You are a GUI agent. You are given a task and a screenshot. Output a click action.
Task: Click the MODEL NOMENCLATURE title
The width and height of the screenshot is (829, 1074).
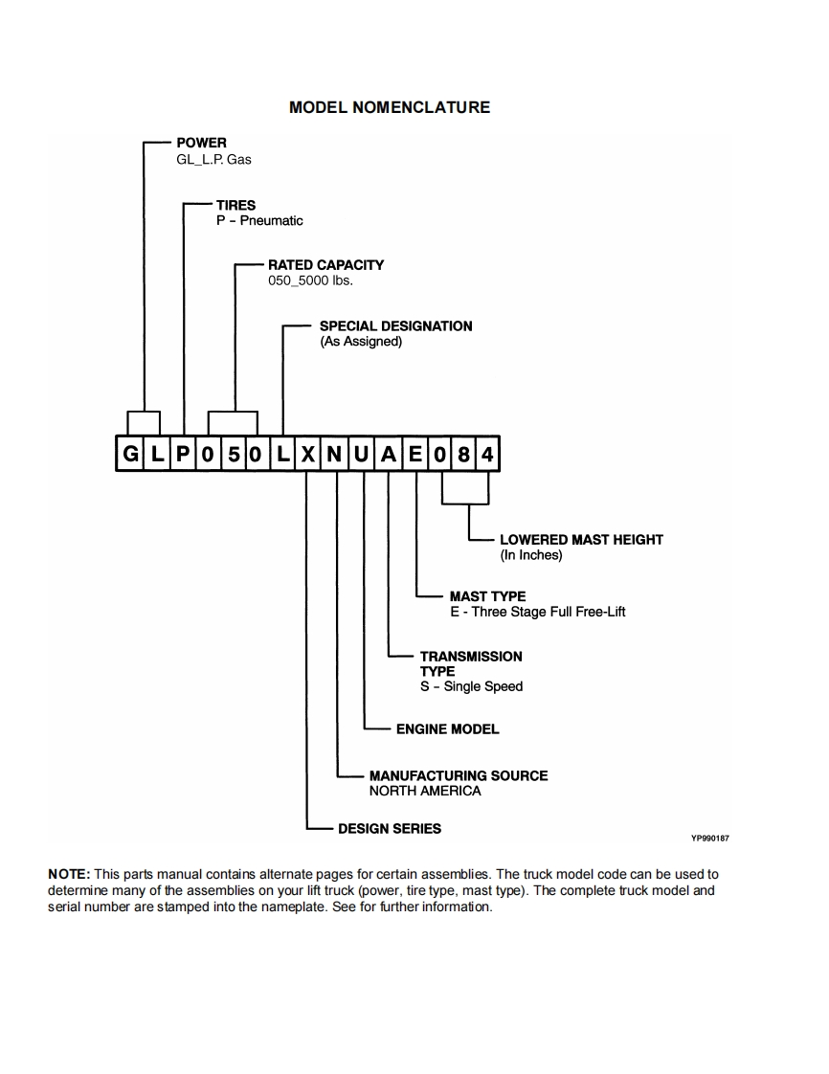pos(389,107)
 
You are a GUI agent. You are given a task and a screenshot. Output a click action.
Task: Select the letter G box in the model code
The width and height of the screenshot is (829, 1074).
pos(130,454)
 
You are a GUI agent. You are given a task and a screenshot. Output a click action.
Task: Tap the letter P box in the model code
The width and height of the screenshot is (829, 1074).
pos(182,454)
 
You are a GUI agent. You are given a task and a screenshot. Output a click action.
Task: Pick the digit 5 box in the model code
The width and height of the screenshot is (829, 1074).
pos(233,454)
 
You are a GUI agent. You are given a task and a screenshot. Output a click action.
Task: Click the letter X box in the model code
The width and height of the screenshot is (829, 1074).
pos(307,454)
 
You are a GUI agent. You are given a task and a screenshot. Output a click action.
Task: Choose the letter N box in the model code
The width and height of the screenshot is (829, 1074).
pos(334,454)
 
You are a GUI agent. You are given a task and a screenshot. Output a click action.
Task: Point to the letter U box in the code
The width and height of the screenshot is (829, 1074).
pos(361,454)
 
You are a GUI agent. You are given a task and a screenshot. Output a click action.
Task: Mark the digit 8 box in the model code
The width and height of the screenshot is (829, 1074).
pos(463,454)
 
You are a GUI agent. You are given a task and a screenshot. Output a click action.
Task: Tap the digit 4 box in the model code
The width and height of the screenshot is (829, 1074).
pos(488,454)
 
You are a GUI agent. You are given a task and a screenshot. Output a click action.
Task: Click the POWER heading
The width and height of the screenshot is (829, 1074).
pos(201,143)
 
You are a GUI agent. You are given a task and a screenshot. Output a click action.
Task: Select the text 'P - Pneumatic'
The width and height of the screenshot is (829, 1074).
pos(259,220)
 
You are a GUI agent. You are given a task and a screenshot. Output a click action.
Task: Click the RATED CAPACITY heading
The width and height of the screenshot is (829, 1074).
pos(325,264)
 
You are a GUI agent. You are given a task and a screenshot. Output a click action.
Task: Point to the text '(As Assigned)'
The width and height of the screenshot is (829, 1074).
pos(361,341)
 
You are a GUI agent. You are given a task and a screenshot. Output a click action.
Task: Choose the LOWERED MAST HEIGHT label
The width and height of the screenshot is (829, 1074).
pos(581,540)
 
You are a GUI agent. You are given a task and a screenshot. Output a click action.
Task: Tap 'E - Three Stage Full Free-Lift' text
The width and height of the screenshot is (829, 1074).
pos(537,612)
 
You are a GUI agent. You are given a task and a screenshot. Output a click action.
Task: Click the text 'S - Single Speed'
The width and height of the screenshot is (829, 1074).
pos(471,686)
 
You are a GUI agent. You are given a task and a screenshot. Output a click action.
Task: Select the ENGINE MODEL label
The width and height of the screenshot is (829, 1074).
pos(447,729)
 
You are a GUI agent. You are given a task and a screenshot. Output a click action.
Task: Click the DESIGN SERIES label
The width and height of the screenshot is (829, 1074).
pos(390,828)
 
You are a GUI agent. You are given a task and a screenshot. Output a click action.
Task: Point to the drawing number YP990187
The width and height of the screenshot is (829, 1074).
pos(710,839)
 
